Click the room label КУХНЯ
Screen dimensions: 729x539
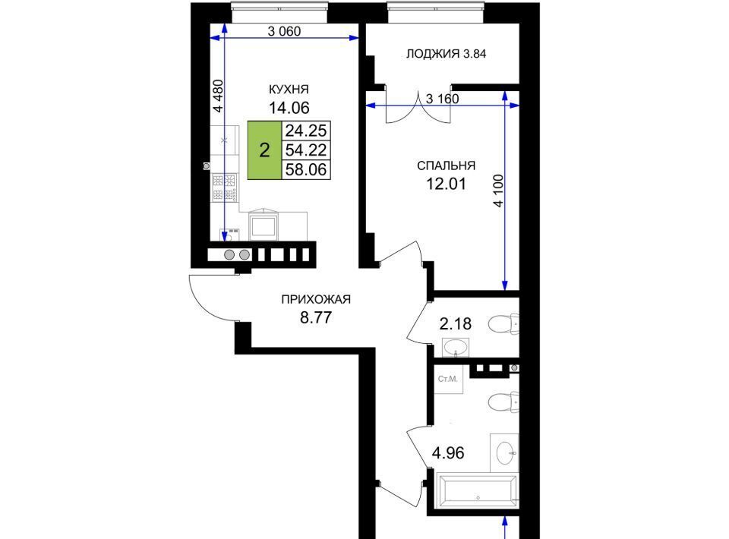click(289, 90)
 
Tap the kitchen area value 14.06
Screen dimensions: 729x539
click(289, 108)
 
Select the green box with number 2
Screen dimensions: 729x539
click(264, 150)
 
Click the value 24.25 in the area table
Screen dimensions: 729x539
click(306, 131)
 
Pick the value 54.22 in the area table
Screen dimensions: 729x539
click(306, 150)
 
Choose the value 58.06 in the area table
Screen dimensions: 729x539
click(306, 169)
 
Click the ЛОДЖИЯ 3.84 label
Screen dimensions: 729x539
click(446, 54)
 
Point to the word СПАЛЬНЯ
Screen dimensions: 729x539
click(446, 166)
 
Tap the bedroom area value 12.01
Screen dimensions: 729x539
click(446, 184)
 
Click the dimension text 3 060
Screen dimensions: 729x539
click(285, 31)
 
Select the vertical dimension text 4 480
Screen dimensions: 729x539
click(218, 96)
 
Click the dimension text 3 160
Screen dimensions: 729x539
click(442, 99)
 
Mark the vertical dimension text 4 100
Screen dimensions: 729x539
click(498, 191)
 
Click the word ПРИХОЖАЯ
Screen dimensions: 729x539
click(316, 300)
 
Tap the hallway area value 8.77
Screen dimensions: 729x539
click(316, 318)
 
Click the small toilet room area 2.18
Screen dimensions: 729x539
click(455, 323)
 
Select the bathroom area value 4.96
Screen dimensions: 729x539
click(448, 452)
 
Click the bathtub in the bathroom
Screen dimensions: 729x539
click(478, 490)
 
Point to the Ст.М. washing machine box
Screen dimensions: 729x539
click(448, 379)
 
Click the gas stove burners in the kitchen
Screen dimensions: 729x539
click(225, 188)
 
